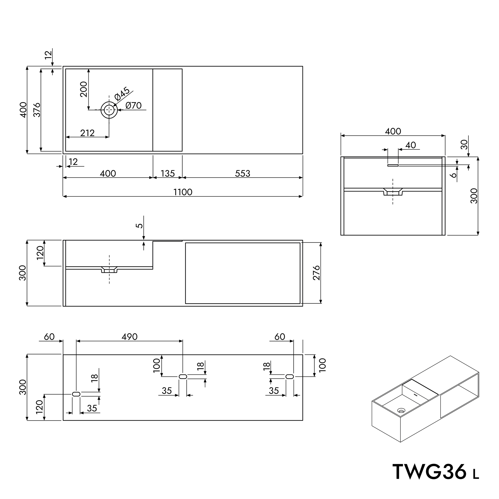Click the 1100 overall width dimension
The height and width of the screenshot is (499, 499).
183,192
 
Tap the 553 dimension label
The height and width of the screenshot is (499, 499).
243,173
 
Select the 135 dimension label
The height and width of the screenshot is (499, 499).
168,173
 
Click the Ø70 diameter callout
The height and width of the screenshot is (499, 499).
134,106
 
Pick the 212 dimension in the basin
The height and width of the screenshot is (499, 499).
87,133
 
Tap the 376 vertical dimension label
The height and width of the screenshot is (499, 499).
37,110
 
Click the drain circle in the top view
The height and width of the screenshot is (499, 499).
109,110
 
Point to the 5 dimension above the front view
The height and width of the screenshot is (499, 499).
139,226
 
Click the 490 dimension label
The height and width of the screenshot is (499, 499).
130,337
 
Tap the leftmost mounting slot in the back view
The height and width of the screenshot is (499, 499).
76,394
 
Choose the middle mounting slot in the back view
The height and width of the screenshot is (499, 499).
183,377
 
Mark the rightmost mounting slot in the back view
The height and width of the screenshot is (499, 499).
290,377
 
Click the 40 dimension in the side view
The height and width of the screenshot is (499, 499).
410,145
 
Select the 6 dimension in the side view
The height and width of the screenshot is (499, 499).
453,175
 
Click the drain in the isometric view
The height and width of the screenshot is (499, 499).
401,410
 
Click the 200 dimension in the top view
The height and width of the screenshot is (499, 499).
84,89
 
